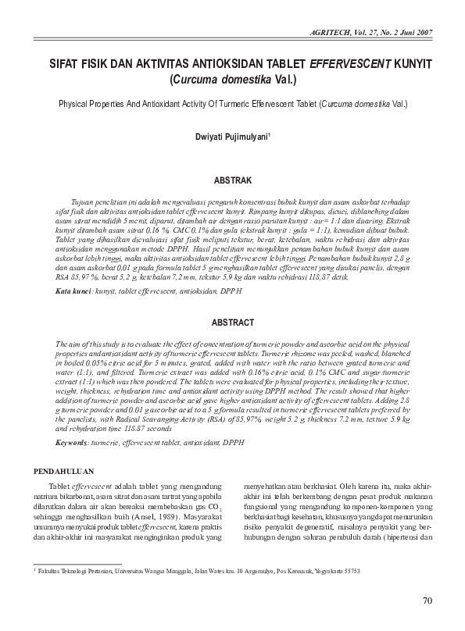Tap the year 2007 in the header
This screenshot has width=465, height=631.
pyautogui.click(x=423, y=32)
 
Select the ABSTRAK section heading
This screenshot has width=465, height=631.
pyautogui.click(x=232, y=180)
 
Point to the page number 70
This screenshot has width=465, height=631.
pyautogui.click(x=426, y=601)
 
